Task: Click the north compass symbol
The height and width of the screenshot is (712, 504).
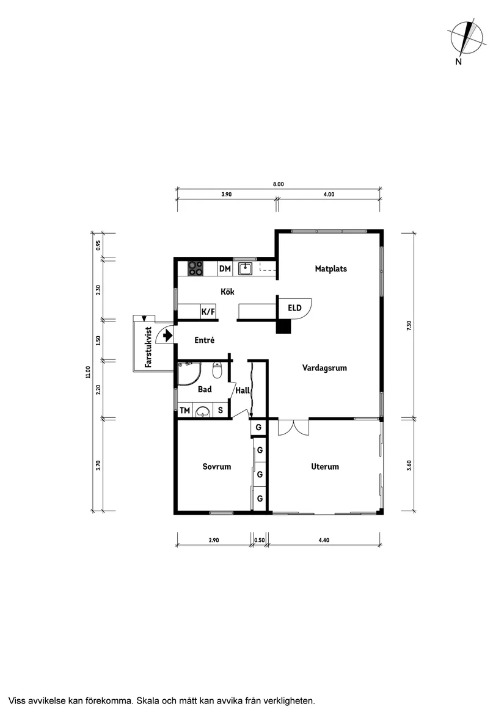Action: [x=467, y=37]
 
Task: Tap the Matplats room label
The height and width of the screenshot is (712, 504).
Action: [x=331, y=268]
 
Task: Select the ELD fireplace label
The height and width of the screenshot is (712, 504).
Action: [x=294, y=307]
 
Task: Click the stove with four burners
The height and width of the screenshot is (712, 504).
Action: [x=195, y=268]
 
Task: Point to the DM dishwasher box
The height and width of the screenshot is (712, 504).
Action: [x=225, y=268]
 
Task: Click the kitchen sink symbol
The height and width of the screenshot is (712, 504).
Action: [x=246, y=268]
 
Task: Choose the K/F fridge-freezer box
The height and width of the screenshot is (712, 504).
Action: [x=208, y=312]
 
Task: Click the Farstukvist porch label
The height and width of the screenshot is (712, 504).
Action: [x=148, y=348]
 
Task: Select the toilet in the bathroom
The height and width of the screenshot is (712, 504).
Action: [x=217, y=370]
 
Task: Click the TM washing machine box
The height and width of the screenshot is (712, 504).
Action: [x=184, y=411]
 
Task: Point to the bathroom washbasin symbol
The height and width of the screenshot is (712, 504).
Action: [x=202, y=412]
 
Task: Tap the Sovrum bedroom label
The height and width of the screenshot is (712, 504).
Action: [x=217, y=467]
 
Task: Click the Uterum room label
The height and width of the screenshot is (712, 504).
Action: [x=324, y=467]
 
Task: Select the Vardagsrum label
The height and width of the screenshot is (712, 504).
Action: [x=324, y=367]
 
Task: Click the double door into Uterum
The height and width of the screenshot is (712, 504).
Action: [x=293, y=426]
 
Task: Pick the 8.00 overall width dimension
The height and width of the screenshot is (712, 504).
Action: [x=279, y=184]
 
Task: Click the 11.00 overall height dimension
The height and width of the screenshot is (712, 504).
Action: [x=88, y=372]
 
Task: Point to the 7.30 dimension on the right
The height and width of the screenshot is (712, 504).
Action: [x=409, y=326]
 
